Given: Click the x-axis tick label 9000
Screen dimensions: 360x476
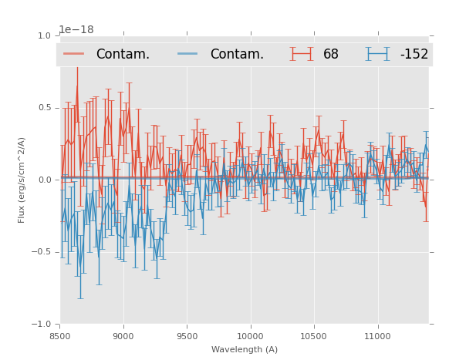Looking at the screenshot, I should [123, 336].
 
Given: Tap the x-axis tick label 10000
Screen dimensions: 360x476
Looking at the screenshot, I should [250, 336].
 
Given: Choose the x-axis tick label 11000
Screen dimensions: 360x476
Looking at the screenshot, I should [377, 336].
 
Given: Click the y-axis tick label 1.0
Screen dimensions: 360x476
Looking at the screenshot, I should [43, 35].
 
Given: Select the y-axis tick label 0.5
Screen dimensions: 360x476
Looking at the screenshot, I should [43, 108].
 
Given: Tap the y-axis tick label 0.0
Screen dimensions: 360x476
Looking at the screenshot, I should [43, 180].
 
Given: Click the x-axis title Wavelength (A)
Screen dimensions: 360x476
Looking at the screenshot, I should [245, 349].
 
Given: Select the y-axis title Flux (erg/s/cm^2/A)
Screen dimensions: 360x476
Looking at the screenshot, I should [22, 180].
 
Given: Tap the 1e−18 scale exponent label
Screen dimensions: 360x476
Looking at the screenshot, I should [76, 29].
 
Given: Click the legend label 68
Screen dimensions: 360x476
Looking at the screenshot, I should [331, 54].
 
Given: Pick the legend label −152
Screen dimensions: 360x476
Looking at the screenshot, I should [414, 54].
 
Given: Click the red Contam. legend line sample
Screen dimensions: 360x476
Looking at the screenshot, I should [74, 54].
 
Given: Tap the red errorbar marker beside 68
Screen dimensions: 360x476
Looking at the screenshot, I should [302, 54].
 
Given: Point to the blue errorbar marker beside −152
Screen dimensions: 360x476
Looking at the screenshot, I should [378, 54].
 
